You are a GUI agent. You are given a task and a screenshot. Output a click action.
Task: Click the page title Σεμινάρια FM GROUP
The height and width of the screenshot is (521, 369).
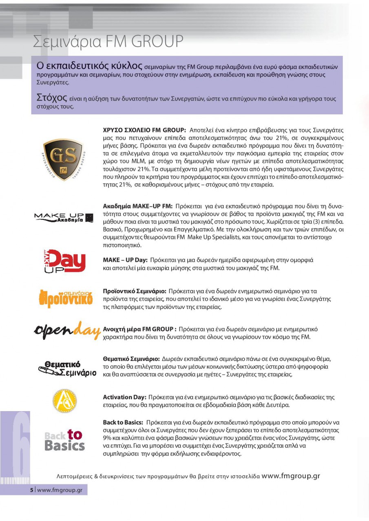[108, 42]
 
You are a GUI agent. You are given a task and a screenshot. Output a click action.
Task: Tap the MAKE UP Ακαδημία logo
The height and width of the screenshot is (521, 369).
[64, 217]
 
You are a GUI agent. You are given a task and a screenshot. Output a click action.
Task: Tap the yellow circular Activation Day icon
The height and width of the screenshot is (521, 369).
[65, 401]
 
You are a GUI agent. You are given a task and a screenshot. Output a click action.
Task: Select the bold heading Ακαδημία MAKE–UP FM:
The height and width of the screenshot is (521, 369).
[138, 206]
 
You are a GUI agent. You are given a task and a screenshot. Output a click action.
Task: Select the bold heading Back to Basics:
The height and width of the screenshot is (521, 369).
[123, 422]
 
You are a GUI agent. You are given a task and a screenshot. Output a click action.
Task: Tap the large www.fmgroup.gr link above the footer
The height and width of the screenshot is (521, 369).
[290, 476]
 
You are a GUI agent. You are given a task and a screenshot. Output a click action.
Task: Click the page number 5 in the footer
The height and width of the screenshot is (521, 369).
[32, 490]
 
